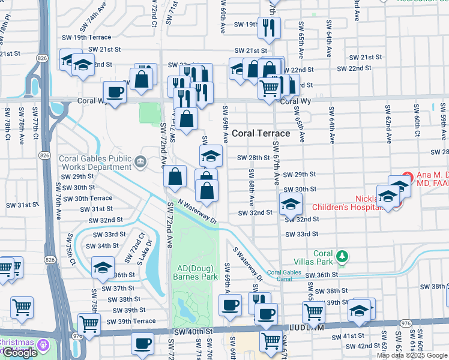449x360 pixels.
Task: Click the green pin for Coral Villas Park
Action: point(342,257)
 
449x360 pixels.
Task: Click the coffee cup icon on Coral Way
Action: point(115,92)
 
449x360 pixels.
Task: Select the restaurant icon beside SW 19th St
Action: point(268,27)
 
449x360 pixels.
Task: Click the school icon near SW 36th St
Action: point(103,267)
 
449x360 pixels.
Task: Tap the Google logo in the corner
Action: point(19,353)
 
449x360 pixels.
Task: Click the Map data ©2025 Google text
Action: point(412,355)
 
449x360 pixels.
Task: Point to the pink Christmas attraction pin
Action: point(44,345)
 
